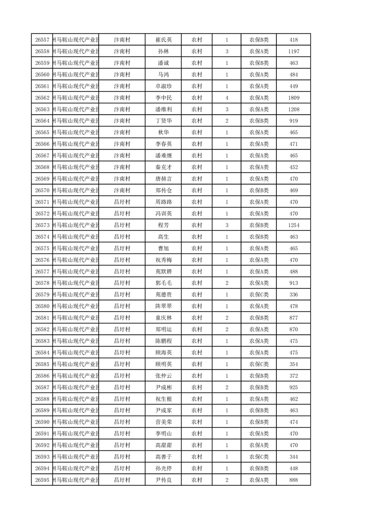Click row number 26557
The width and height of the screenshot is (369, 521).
[42, 40]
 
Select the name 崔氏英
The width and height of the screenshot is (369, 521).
[163, 40]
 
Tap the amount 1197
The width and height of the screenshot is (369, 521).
[294, 52]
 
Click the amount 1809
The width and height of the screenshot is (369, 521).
[294, 98]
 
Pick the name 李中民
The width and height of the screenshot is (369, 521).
[163, 98]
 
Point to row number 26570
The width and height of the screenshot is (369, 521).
[42, 190]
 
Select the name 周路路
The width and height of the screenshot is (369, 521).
[163, 202]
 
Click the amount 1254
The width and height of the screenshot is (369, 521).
[294, 225]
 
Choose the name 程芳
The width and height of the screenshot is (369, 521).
[163, 225]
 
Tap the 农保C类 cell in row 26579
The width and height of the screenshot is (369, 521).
[259, 294]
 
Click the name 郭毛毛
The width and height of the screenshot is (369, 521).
[163, 283]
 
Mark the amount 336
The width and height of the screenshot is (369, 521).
[294, 294]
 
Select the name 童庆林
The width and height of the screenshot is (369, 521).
[163, 318]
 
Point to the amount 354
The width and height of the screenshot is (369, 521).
[294, 364]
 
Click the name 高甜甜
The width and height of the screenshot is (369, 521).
[163, 445]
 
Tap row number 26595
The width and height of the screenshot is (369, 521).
[42, 480]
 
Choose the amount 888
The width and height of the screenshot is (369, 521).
[294, 480]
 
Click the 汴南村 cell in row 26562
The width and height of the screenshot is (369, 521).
[122, 98]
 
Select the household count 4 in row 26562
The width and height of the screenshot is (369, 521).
[227, 98]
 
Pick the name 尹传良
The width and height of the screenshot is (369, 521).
[163, 480]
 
